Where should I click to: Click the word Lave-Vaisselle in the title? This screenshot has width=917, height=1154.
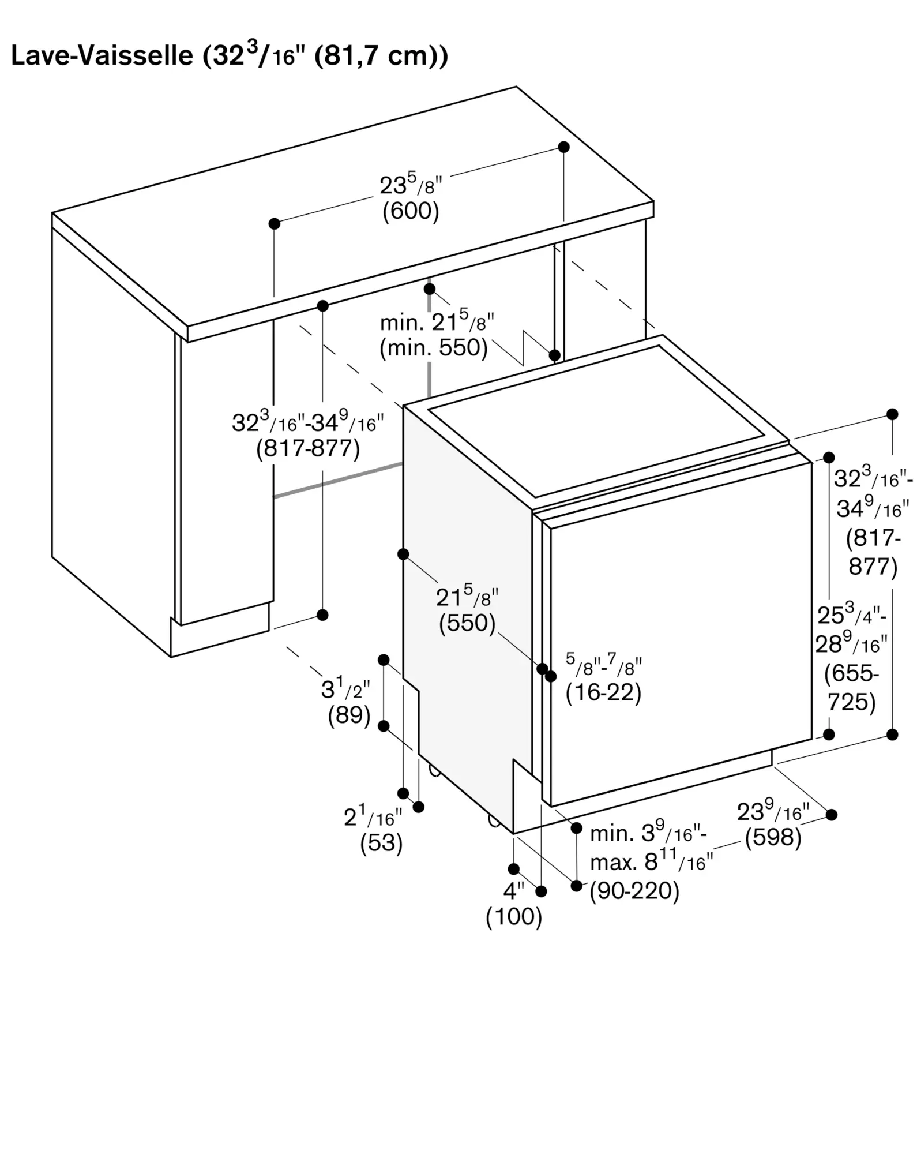102,56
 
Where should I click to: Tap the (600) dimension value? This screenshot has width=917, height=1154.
411,211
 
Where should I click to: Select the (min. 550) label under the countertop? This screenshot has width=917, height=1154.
434,348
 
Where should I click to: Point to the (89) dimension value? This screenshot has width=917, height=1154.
349,715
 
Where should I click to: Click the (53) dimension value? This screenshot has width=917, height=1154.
381,843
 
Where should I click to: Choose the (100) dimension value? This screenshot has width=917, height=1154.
514,917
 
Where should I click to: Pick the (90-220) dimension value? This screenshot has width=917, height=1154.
634,891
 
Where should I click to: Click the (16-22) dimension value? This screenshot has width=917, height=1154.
603,692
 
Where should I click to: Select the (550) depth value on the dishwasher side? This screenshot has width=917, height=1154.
467,623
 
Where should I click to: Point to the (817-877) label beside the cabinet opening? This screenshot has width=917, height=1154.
308,448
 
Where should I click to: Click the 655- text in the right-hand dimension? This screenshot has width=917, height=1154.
852,673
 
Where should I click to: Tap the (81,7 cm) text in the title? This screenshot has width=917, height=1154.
381,56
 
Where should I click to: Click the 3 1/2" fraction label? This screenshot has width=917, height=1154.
345,688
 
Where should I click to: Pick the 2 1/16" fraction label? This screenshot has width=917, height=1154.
373,816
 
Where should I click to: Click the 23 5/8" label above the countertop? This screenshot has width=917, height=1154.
411,185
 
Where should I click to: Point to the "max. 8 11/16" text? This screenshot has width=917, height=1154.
652,863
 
